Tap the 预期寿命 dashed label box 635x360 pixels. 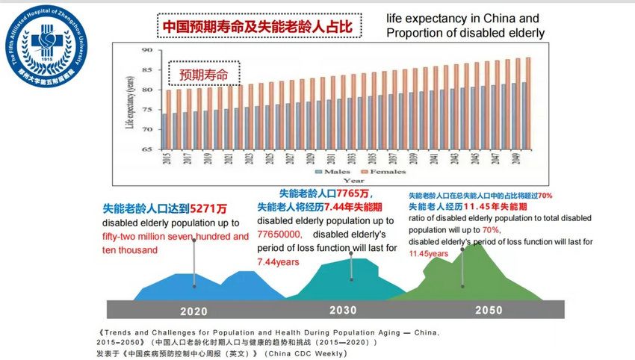[x=202, y=75]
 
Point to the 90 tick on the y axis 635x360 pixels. [x=146, y=50]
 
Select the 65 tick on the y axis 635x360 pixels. [x=146, y=149]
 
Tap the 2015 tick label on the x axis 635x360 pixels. [x=166, y=160]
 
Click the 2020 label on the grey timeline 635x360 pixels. [x=193, y=311]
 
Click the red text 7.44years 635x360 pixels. [x=278, y=262]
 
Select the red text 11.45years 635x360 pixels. [x=428, y=254]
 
